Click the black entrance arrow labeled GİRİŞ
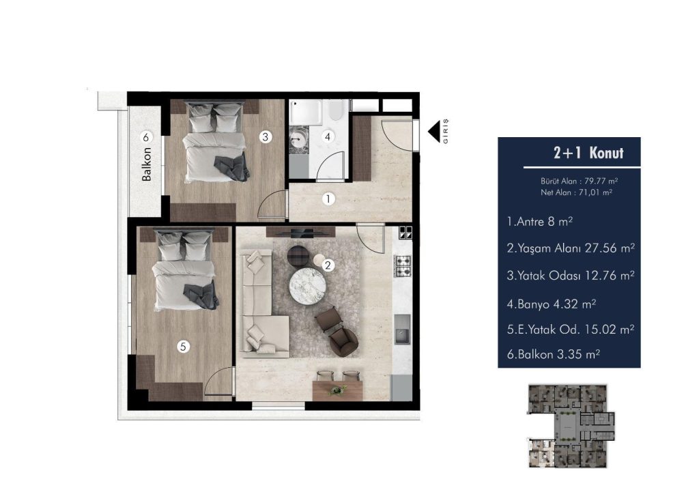click(434, 132)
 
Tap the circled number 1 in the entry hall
click(328, 199)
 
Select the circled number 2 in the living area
click(328, 265)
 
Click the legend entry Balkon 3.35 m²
click(553, 355)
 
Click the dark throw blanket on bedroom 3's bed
click(231, 168)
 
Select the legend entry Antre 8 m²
click(539, 222)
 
